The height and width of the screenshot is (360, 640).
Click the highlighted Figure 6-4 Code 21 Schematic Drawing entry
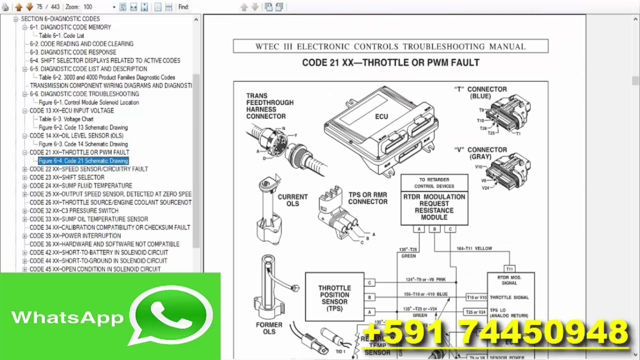83,161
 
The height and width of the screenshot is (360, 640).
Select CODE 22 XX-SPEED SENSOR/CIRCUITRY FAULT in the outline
89,169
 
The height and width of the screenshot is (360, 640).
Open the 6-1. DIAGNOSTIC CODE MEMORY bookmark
71,27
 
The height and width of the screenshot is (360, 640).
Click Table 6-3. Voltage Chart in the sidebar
66,119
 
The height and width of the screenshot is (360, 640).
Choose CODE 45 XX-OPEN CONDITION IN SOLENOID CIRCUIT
95,269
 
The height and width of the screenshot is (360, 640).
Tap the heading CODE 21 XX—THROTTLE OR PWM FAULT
391,62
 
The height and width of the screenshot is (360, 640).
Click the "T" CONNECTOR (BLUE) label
480,93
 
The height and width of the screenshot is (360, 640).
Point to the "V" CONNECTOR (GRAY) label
480,154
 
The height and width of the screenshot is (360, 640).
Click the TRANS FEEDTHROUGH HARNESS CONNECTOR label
266,106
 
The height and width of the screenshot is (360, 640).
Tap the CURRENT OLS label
292,200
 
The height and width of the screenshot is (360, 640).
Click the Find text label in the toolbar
183,7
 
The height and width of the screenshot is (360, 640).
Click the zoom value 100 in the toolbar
87,7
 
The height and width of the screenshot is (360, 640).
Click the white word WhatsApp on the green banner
67,317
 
